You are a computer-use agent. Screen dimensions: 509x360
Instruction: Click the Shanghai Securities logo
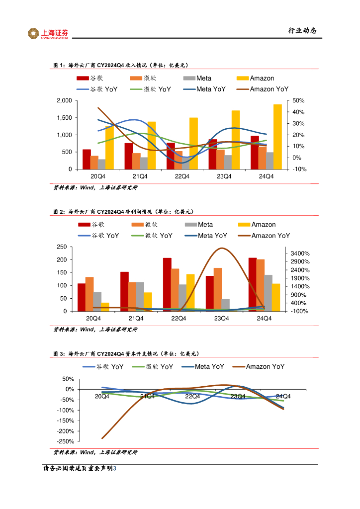[48, 33]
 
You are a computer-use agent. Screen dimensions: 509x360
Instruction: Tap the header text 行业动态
[302, 31]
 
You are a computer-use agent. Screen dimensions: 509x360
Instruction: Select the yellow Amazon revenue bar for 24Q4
[277, 137]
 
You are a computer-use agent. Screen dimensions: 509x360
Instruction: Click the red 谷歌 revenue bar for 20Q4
[87, 159]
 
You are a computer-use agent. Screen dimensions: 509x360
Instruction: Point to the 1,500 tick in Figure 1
[64, 118]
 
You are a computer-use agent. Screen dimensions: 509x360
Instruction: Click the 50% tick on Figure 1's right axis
[298, 101]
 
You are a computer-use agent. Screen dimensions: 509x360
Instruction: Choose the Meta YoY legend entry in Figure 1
[204, 89]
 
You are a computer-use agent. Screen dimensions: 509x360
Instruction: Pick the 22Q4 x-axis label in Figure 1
[181, 176]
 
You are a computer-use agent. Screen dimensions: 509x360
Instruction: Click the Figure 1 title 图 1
[59, 65]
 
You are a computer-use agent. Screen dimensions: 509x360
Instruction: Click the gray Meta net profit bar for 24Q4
[268, 293]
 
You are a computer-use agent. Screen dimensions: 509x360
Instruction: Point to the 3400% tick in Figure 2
[300, 254]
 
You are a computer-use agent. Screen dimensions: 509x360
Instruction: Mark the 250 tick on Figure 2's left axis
[62, 247]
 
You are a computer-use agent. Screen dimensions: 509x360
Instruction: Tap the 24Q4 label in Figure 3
[283, 396]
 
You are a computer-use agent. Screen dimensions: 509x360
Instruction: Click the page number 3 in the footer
[115, 469]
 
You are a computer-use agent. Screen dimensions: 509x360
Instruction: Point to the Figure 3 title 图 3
[59, 353]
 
